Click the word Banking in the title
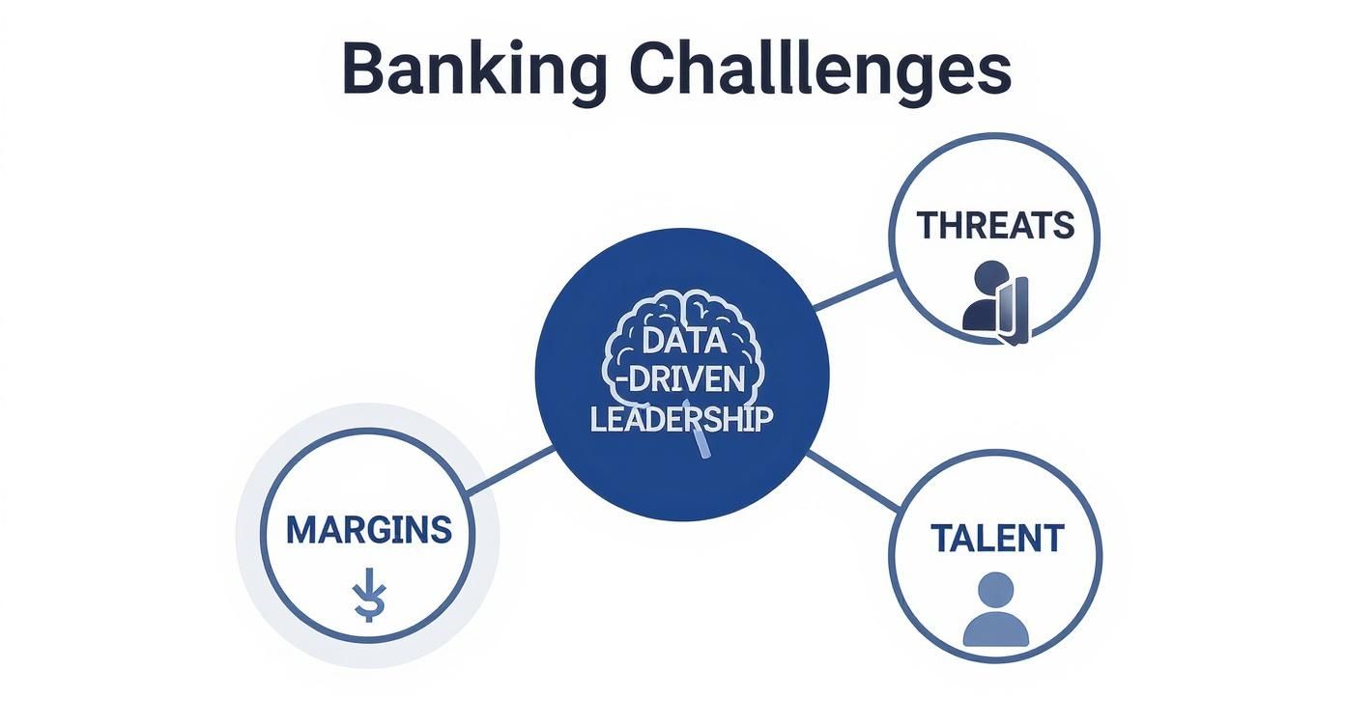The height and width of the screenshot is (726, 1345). click(473, 70)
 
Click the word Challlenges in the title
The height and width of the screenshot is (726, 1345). click(819, 70)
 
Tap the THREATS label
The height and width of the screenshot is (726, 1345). click(994, 225)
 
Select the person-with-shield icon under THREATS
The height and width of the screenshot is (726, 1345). click(995, 302)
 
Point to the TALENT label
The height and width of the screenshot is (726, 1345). click(996, 538)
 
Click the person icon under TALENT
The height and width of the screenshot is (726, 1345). click(995, 610)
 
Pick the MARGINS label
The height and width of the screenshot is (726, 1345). click(369, 529)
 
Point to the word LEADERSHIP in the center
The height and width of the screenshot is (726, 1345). click(681, 419)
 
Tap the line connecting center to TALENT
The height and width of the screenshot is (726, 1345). click(852, 480)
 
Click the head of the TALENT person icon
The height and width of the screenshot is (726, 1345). click(995, 589)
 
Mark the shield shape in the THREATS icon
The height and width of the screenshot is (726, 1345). click(1015, 309)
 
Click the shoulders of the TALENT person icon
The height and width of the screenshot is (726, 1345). click(995, 628)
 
